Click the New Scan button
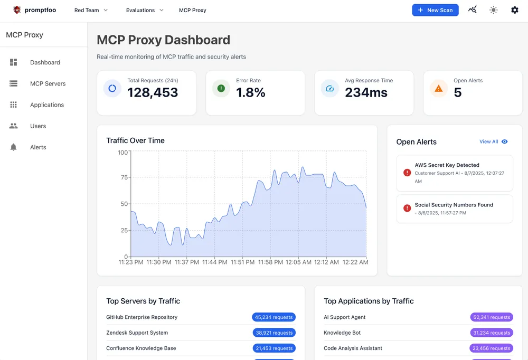[x=435, y=10]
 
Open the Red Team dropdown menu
[x=91, y=10]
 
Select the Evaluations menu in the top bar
[x=145, y=10]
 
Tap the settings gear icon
[x=515, y=10]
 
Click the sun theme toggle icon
[x=494, y=10]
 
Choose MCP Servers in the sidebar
[x=48, y=83]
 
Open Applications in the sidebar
[x=46, y=105]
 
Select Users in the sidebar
[x=38, y=126]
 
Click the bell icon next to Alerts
[x=14, y=147]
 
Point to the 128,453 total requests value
[x=153, y=93]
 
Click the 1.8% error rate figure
[x=251, y=93]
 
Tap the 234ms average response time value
[x=366, y=93]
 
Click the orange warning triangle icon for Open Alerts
[x=438, y=89]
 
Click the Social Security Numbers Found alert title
[x=454, y=205]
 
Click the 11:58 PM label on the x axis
[x=271, y=262]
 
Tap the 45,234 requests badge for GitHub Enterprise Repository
[x=274, y=317]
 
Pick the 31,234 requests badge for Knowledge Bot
[x=491, y=333]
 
